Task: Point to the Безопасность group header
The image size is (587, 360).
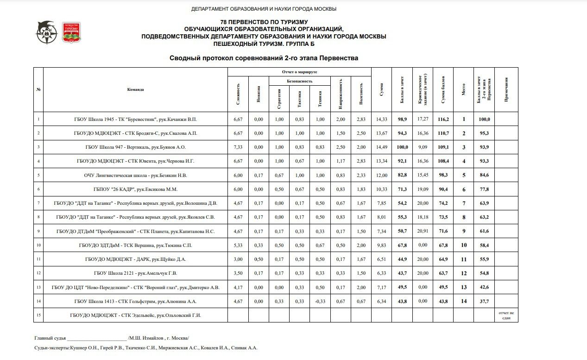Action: (300, 81)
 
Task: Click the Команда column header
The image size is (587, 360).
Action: (135, 89)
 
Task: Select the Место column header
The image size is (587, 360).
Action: (463, 89)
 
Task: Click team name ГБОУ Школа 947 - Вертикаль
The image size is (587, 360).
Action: (135, 147)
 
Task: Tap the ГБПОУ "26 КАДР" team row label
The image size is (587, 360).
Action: (135, 189)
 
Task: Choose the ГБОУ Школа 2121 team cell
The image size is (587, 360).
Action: (135, 273)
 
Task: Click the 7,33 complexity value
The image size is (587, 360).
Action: (238, 147)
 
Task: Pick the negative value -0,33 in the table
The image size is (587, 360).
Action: (320, 301)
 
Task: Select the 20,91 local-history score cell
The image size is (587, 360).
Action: (423, 231)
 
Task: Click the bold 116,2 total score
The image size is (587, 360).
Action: (443, 120)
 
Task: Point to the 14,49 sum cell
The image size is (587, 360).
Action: (381, 147)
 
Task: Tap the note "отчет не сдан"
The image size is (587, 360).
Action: (506, 316)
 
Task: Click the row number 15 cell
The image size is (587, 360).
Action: (38, 316)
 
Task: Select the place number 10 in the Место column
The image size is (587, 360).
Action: (463, 246)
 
